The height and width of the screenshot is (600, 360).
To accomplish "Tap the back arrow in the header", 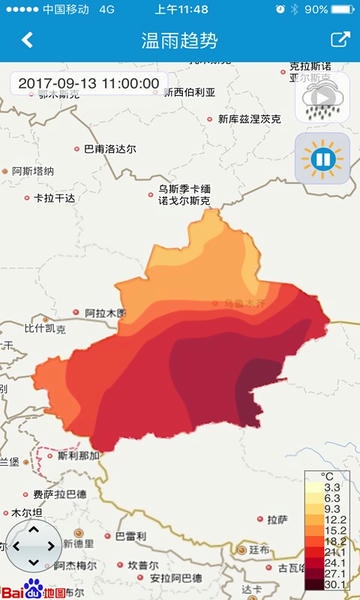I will coord(27,41).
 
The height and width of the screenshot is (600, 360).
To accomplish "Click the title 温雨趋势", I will coord(179,41).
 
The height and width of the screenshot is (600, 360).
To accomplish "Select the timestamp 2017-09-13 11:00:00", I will coord(88,83).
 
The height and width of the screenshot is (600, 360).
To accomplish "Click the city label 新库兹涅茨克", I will coord(249,119).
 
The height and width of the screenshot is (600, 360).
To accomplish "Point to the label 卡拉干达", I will coord(54,198).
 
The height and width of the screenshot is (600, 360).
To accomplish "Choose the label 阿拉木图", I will coord(106,313).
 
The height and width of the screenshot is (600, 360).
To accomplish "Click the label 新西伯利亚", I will coord(190,92).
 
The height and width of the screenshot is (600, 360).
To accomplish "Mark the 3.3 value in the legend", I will coord(330,486).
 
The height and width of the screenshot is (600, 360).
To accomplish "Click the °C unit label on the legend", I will coord(327,476).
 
